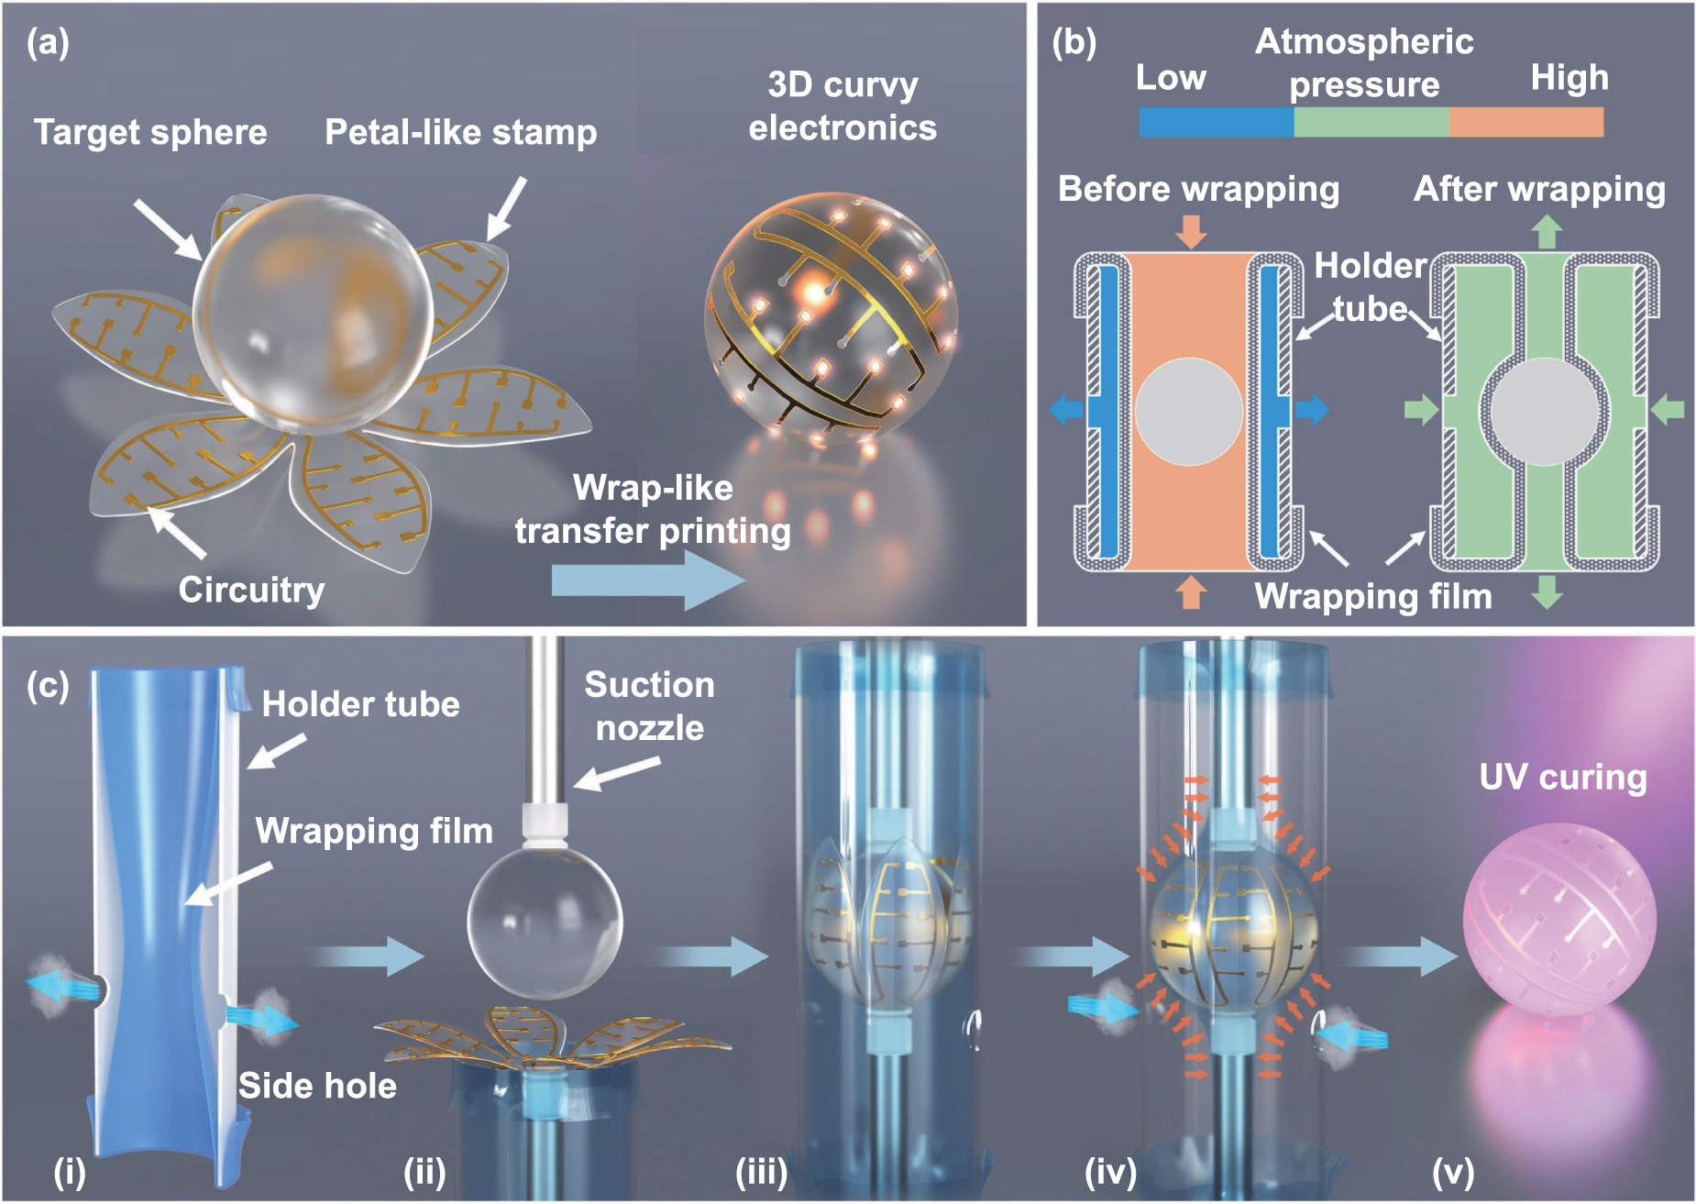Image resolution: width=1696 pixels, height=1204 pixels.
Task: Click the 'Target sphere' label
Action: click(150, 132)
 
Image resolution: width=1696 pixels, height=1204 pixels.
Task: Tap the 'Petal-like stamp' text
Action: click(460, 132)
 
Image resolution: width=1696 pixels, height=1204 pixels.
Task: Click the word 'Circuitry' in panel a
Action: click(251, 590)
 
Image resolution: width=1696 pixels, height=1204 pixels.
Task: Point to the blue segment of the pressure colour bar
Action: click(1216, 122)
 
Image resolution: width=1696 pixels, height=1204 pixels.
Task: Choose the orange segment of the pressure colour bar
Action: click(1526, 122)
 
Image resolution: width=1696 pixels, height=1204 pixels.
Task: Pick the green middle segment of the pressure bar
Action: click(1371, 122)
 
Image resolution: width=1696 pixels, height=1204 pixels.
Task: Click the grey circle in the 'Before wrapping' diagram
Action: click(1189, 411)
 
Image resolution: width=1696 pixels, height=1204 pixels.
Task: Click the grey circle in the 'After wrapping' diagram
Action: click(1545, 412)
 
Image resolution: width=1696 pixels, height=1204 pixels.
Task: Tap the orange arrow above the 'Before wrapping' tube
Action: click(1191, 230)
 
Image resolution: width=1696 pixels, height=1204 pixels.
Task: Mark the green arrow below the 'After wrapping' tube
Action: click(1547, 591)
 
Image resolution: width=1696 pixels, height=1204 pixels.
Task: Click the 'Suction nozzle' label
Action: click(649, 706)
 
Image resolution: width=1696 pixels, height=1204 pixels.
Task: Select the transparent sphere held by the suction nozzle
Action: click(545, 922)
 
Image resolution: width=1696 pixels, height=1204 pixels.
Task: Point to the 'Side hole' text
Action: click(317, 1086)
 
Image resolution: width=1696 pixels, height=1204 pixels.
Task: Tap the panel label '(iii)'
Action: click(762, 1171)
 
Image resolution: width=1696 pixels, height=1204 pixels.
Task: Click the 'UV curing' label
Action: click(1563, 778)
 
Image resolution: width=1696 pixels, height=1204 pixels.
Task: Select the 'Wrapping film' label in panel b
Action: click(1372, 596)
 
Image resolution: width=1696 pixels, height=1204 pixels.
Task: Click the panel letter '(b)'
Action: click(1074, 42)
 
